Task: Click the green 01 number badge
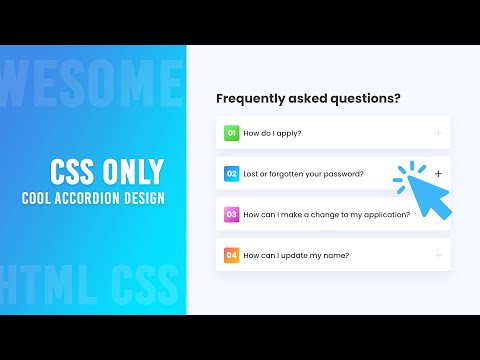(231, 132)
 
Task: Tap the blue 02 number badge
(231, 173)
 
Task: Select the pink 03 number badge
(231, 214)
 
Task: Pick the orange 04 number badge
(231, 255)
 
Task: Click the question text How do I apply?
(273, 132)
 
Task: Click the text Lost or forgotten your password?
(303, 173)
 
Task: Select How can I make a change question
(327, 214)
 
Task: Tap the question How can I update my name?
(296, 255)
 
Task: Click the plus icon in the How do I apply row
(438, 132)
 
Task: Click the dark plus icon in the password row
(438, 173)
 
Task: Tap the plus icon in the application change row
(438, 214)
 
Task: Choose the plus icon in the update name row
(438, 255)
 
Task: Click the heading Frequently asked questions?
(308, 99)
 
